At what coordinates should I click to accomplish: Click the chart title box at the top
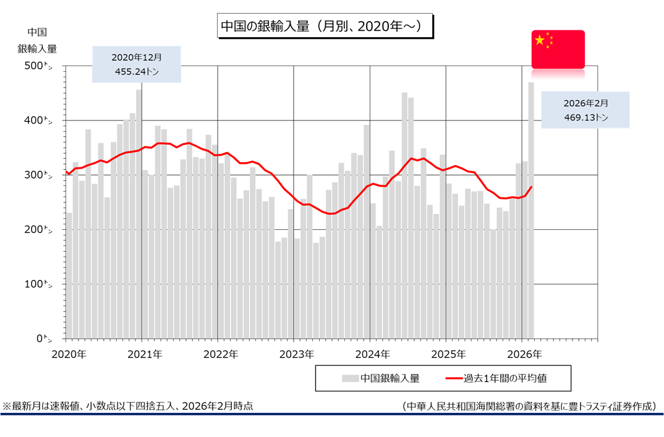pyautogui.click(x=325, y=27)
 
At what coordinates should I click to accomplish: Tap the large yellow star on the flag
pyautogui.click(x=540, y=40)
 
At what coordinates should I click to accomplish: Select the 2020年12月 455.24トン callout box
pyautogui.click(x=137, y=64)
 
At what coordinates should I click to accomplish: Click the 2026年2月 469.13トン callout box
pyautogui.click(x=585, y=110)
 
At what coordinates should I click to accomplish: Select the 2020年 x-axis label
pyautogui.click(x=69, y=355)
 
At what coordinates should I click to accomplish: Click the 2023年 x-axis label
pyautogui.click(x=296, y=355)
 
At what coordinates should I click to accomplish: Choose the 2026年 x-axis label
pyautogui.click(x=524, y=355)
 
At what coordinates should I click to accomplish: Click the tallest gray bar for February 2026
pyautogui.click(x=531, y=210)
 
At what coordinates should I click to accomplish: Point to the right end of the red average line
pyautogui.click(x=532, y=187)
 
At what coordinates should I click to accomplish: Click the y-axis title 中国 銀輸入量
pyautogui.click(x=37, y=40)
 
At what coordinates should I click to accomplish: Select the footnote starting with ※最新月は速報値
pyautogui.click(x=128, y=406)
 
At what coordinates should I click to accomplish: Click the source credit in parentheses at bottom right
pyautogui.click(x=528, y=406)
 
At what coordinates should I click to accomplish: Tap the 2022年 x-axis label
pyautogui.click(x=221, y=355)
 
